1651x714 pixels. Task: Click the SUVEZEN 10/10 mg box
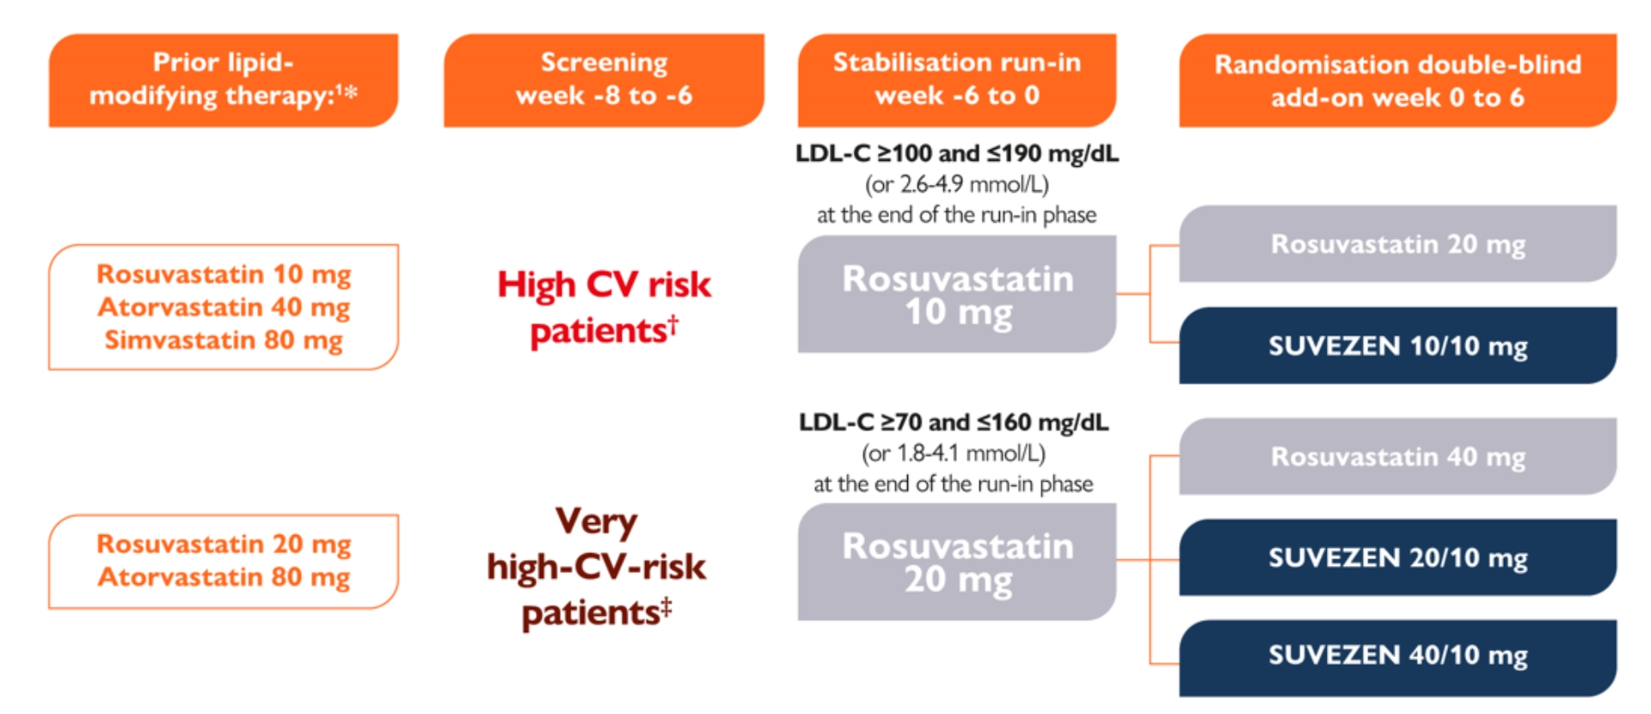click(1397, 346)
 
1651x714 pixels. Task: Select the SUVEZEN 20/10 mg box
click(1397, 557)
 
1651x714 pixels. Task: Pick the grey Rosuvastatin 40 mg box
click(1397, 457)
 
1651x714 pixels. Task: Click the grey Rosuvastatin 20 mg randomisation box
click(1397, 244)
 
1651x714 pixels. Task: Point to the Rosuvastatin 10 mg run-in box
click(957, 295)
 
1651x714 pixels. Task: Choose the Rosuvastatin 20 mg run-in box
click(957, 563)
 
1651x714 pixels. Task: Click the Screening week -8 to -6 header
click(604, 79)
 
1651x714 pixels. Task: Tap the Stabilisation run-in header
click(956, 79)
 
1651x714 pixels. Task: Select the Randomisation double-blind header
click(1397, 80)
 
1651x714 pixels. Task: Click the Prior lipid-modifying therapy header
click(224, 79)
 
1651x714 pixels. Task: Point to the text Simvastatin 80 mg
click(224, 340)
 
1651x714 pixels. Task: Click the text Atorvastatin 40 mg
click(224, 307)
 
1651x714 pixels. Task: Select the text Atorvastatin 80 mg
click(224, 576)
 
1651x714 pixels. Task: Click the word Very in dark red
click(596, 521)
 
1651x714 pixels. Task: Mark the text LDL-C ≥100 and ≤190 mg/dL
click(956, 153)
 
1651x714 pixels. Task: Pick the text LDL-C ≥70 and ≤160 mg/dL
click(954, 422)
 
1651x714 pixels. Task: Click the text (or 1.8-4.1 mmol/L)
click(954, 453)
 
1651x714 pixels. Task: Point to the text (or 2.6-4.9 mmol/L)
click(956, 184)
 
